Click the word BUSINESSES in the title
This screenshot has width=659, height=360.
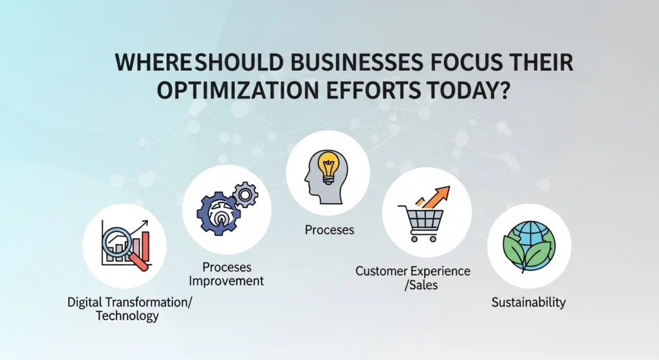tap(356, 62)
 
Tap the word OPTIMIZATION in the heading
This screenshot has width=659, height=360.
tap(237, 90)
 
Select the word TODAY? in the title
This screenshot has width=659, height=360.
tap(469, 90)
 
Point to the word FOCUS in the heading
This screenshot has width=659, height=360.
tap(467, 62)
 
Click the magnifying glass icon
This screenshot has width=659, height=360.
tap(124, 248)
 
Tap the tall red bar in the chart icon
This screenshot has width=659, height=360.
tap(145, 247)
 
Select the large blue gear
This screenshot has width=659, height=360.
tap(219, 213)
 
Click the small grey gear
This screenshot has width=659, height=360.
tap(245, 194)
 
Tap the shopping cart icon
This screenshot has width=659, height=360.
tap(421, 223)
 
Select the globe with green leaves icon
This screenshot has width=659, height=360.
tap(529, 247)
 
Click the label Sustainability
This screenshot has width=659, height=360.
tap(528, 302)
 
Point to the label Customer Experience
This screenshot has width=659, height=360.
tap(413, 271)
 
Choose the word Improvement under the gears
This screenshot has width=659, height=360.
tap(226, 281)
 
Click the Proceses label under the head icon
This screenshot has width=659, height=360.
tap(329, 230)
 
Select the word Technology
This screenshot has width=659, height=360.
tap(127, 316)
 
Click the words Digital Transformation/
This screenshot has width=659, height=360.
tap(130, 302)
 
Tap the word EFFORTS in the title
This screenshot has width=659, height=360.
tap(373, 90)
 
